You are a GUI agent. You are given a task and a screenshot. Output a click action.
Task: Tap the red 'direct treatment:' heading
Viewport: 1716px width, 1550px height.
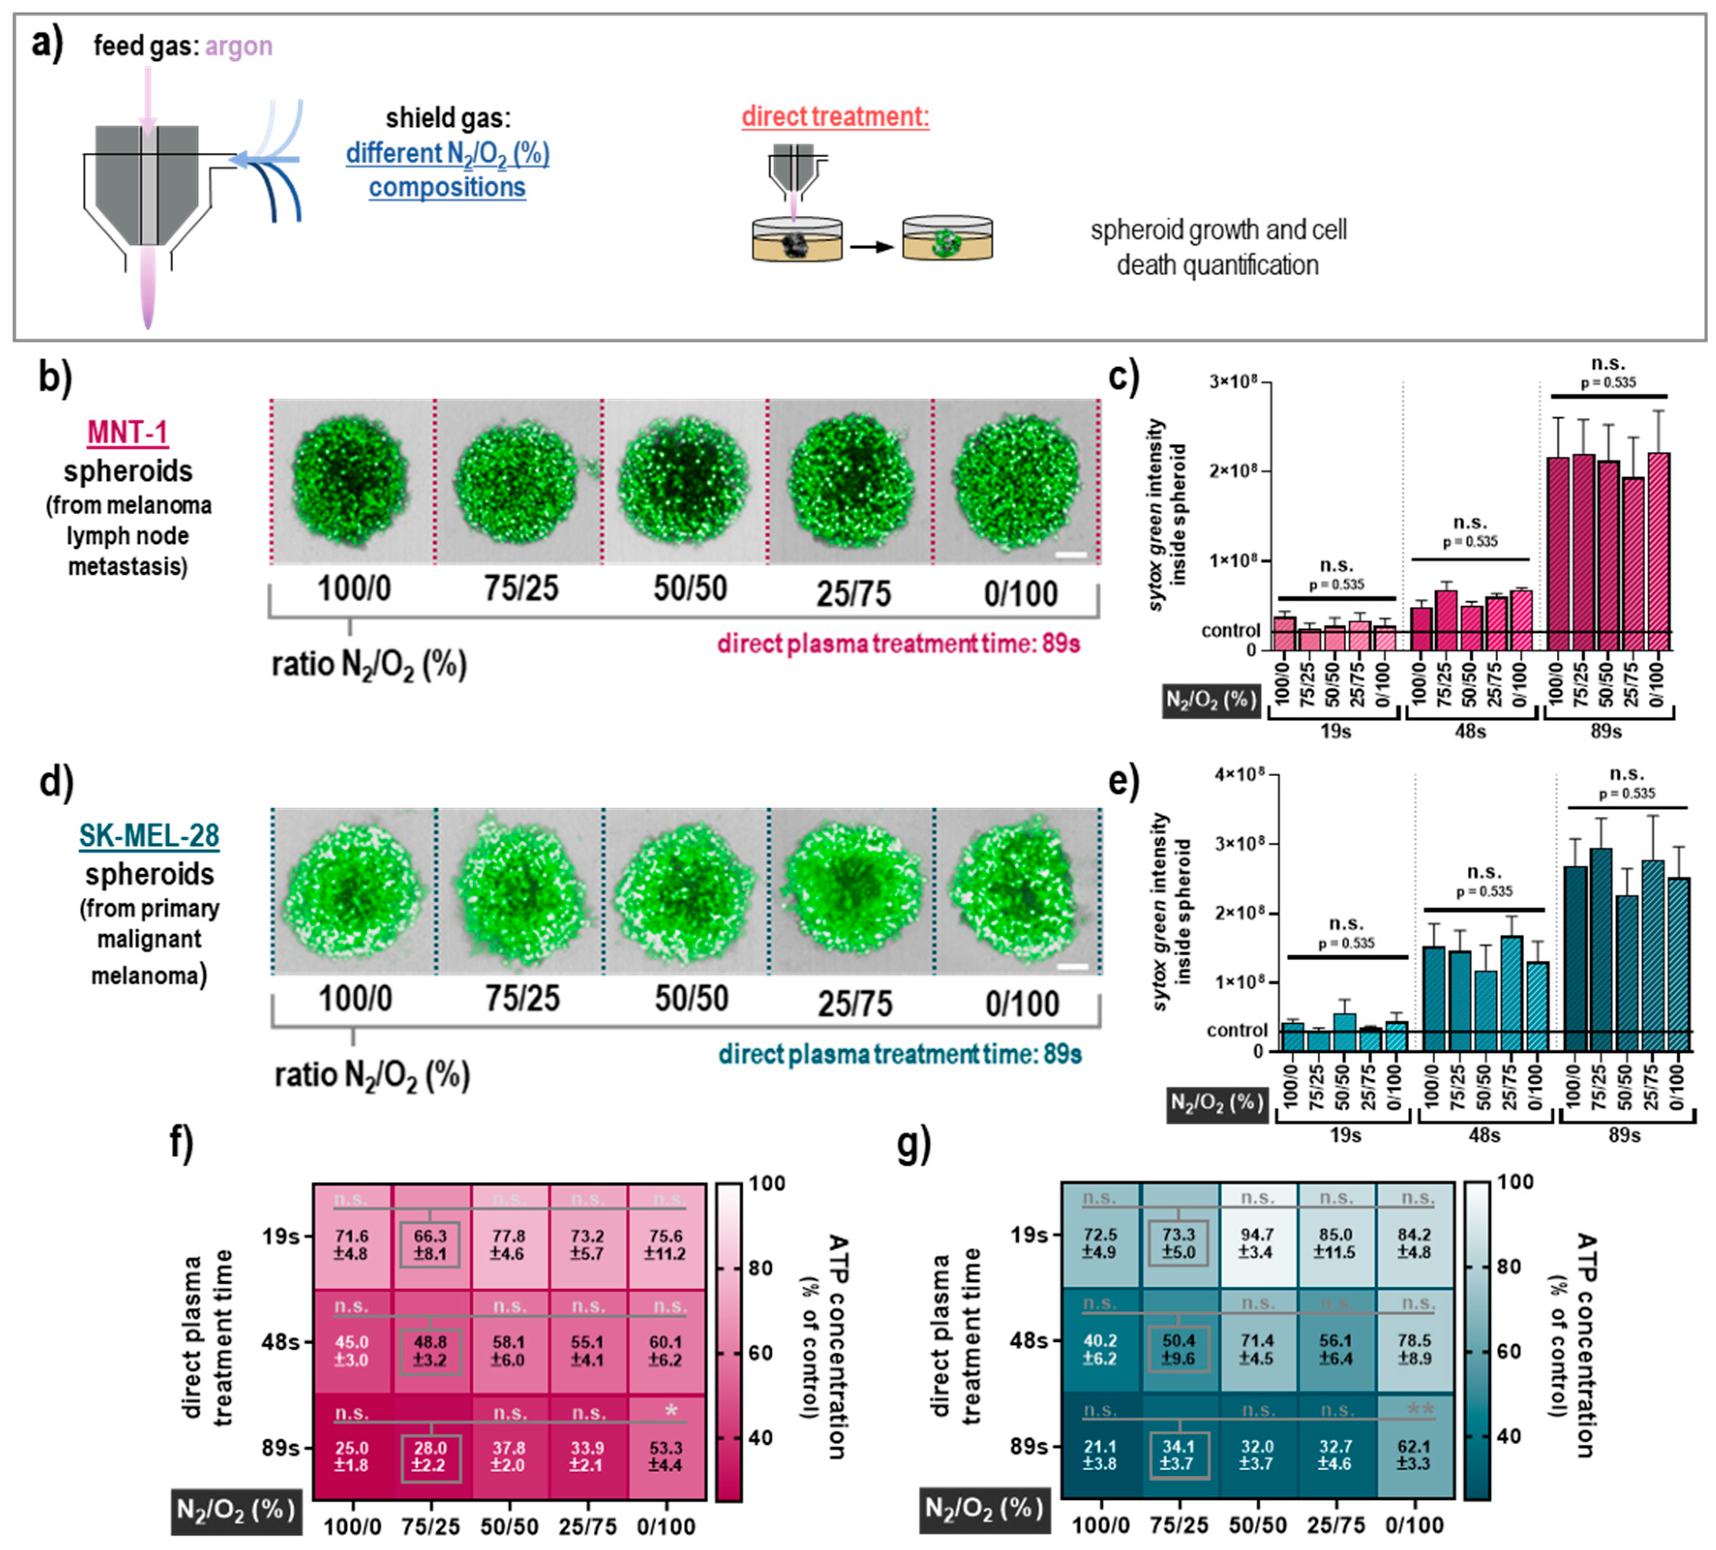(x=835, y=117)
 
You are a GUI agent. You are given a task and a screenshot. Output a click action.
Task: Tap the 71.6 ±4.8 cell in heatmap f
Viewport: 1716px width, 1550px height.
(x=351, y=1245)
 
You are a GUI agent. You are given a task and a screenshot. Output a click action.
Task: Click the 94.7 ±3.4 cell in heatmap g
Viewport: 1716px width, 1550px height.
(x=1256, y=1243)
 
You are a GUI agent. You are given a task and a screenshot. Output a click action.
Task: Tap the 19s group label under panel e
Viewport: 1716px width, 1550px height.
(x=1345, y=1135)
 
